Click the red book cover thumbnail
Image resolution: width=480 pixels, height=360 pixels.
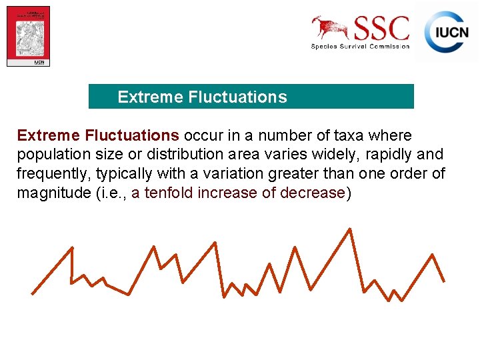click(x=29, y=36)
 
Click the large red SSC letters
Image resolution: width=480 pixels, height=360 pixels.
click(x=381, y=29)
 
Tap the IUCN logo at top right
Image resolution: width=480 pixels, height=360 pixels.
click(x=447, y=31)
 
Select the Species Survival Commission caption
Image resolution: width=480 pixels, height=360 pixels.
click(x=360, y=46)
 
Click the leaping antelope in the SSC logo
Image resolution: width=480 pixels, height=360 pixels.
click(x=330, y=27)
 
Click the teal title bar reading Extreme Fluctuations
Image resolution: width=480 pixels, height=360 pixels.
click(x=251, y=97)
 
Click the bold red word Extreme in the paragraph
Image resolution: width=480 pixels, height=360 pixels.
click(x=49, y=136)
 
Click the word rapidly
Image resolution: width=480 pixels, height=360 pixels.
click(x=386, y=155)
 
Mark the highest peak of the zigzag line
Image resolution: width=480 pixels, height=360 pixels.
click(x=350, y=229)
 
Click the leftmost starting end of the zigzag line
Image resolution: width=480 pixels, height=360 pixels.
click(x=32, y=293)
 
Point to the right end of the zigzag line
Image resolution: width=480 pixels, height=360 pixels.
click(x=444, y=281)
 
